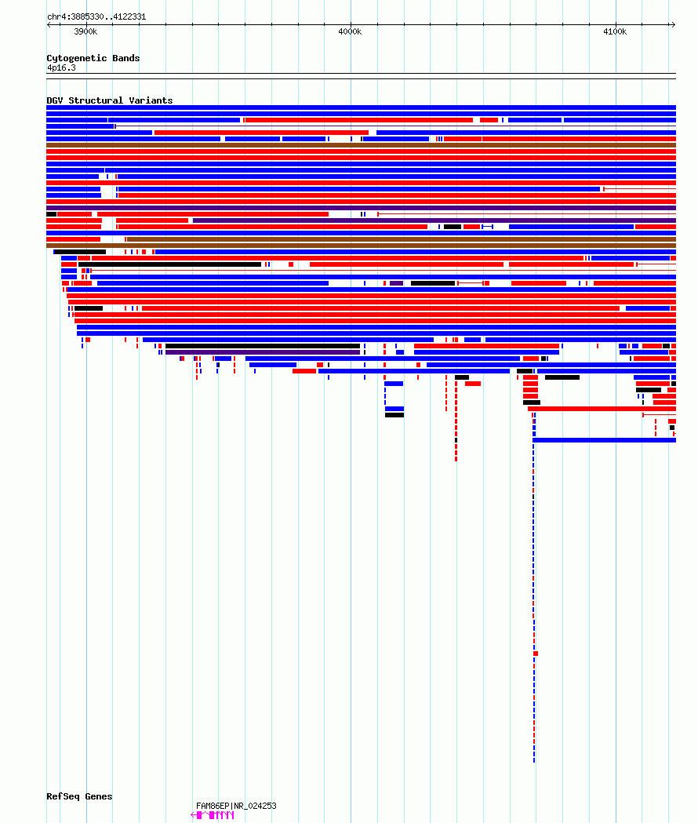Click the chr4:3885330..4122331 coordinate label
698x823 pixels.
[96, 16]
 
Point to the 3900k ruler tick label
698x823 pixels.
[85, 31]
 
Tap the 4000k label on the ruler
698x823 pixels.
[350, 31]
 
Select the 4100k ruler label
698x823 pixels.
[615, 31]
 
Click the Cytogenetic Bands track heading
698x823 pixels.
[93, 58]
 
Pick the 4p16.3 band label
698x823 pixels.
[61, 67]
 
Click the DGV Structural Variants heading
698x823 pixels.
[109, 100]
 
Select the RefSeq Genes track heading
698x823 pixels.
[79, 796]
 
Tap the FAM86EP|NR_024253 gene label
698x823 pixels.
[236, 806]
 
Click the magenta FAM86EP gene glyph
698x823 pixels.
[213, 815]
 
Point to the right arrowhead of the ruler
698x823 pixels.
[674, 24]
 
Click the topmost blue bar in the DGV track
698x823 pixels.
[361, 107]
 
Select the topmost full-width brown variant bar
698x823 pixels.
[361, 145]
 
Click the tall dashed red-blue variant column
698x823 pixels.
[534, 588]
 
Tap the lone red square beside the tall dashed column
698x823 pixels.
[536, 654]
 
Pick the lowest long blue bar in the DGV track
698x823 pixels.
[605, 440]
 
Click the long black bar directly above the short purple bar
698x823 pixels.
[263, 346]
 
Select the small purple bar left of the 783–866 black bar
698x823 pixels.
[396, 283]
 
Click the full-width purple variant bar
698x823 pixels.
[361, 208]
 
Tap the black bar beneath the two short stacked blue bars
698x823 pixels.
[394, 415]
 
